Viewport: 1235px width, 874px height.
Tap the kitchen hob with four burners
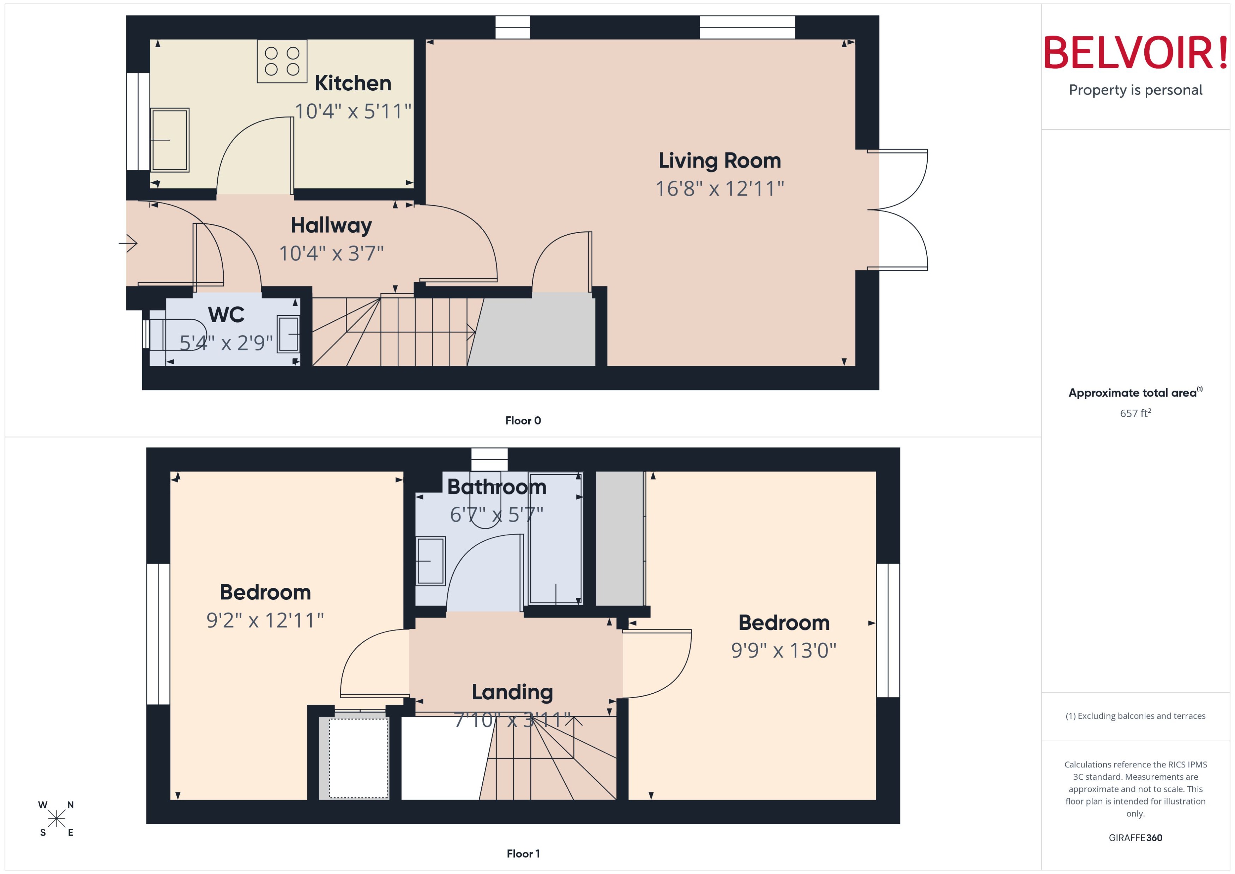coord(282,61)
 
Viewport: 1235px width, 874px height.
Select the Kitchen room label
coord(353,83)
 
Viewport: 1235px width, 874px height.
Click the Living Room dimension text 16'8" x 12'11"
coord(719,189)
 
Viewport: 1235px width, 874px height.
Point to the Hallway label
coord(331,225)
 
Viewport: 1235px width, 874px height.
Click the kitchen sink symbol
coord(169,140)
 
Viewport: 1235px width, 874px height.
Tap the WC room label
coord(226,315)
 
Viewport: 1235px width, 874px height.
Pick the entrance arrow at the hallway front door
coord(128,243)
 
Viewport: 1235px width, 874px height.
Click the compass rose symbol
coord(56,819)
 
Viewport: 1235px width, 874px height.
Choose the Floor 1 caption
coord(523,854)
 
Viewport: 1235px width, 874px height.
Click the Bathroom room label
coord(497,487)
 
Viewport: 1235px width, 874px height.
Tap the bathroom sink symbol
coord(430,561)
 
